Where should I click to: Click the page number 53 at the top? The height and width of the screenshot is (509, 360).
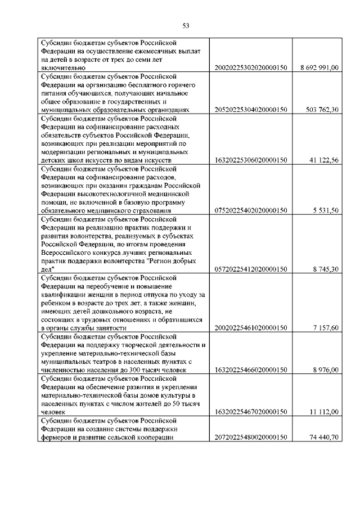click(186, 24)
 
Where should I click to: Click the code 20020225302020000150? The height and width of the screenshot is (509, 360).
click(251, 67)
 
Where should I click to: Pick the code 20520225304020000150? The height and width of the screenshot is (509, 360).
click(251, 110)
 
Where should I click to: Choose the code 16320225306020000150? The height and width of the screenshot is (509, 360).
click(251, 160)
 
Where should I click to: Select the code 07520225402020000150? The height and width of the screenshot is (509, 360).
click(251, 210)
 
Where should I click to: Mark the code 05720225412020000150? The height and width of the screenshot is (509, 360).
click(251, 269)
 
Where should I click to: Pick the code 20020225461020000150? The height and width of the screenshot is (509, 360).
click(251, 328)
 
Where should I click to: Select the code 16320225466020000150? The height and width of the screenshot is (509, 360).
click(251, 370)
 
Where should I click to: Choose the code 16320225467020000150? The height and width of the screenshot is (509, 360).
click(251, 412)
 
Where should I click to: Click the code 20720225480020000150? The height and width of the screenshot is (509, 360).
click(251, 453)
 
